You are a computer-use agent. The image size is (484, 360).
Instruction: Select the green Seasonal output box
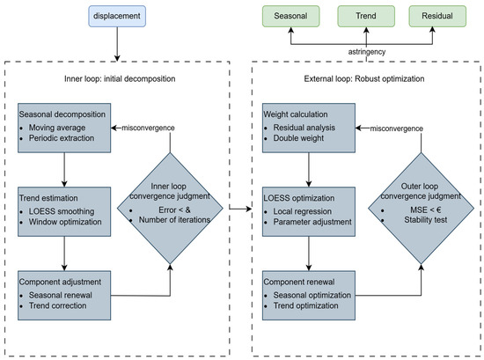287,16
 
